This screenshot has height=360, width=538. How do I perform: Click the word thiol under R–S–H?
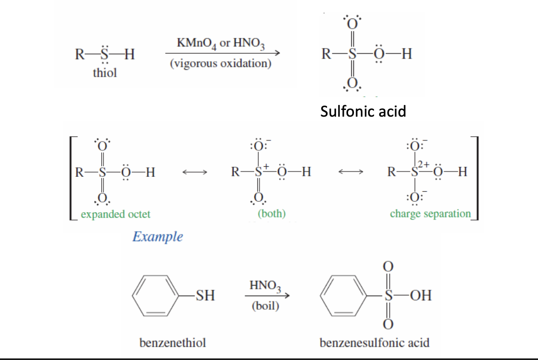pyautogui.click(x=105, y=73)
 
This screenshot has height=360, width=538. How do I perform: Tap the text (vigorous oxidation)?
pyautogui.click(x=221, y=64)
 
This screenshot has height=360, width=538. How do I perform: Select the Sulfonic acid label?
pyautogui.click(x=363, y=111)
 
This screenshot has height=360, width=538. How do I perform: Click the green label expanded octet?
pyautogui.click(x=116, y=214)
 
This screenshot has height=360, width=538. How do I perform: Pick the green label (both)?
pyautogui.click(x=272, y=214)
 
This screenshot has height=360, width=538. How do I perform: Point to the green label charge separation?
pyautogui.click(x=430, y=214)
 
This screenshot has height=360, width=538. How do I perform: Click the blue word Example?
pyautogui.click(x=158, y=236)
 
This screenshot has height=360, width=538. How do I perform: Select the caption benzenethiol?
pyautogui.click(x=172, y=343)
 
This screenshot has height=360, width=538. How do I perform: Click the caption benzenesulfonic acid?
pyautogui.click(x=374, y=343)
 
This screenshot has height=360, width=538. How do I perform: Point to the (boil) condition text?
pyautogui.click(x=265, y=306)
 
